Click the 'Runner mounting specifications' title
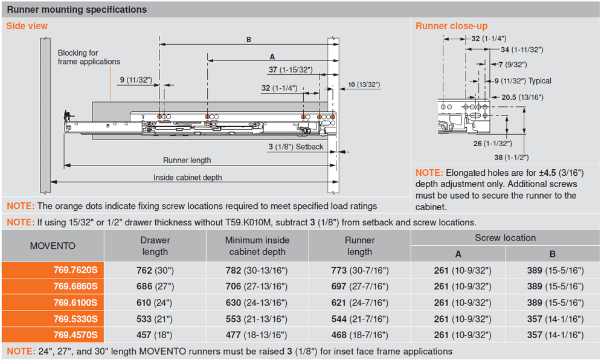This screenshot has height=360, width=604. tap(77, 10)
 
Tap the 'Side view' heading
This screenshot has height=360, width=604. tap(27, 26)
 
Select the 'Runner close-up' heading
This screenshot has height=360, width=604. tap(451, 26)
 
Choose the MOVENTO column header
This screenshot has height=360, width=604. tap(53, 246)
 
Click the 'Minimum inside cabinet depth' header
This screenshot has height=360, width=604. tap(257, 246)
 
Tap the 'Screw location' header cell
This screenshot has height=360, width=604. tap(505, 238)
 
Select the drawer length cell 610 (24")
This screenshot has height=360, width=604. tap(155, 302)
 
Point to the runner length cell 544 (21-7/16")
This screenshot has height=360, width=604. tap(359, 318)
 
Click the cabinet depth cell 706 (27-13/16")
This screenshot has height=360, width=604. tap(257, 286)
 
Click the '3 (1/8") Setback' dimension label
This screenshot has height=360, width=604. tap(295, 147)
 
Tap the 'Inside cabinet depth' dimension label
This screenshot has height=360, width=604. tap(187, 178)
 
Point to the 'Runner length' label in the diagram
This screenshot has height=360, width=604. tap(187, 160)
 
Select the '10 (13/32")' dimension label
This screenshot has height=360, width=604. tap(364, 85)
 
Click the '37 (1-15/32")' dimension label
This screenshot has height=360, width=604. tap(291, 70)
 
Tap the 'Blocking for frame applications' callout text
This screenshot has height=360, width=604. tap(89, 57)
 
